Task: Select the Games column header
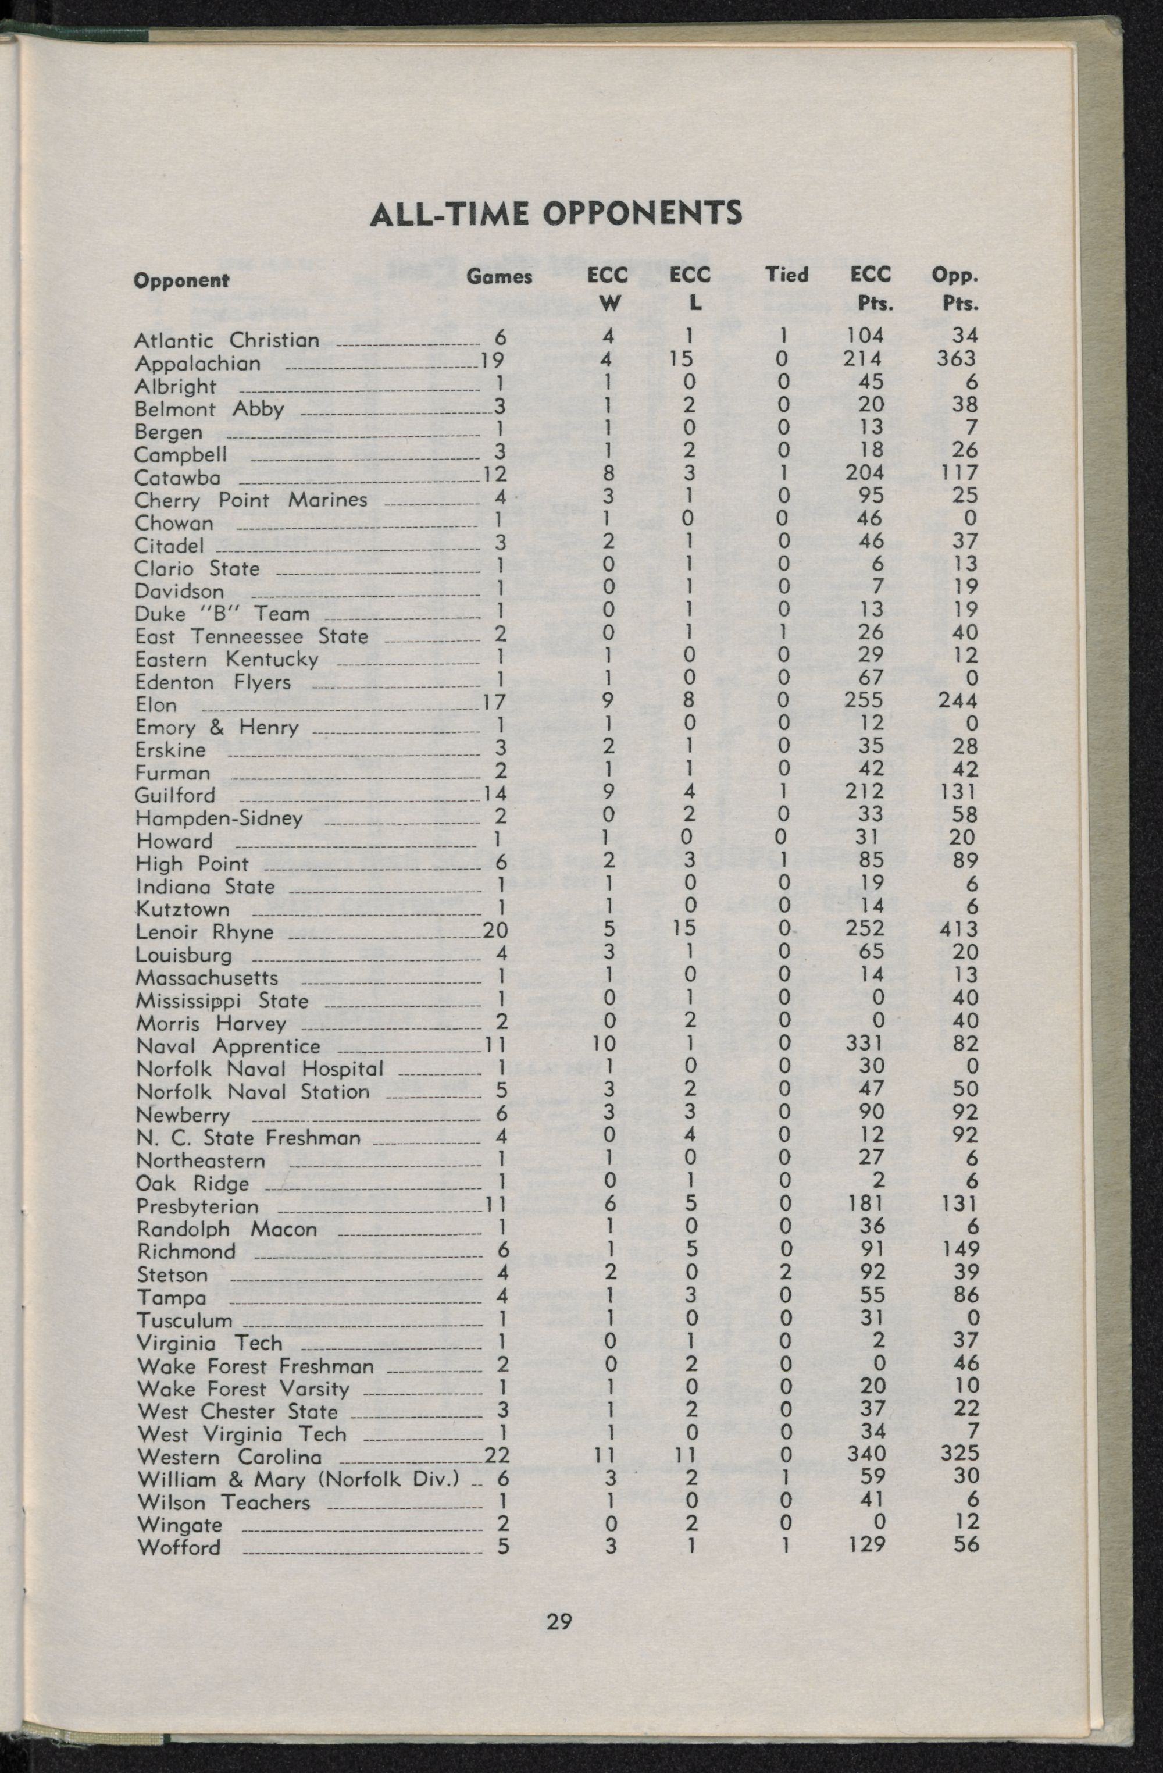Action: [x=499, y=277]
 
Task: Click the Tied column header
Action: [x=787, y=275]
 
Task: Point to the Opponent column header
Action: [x=181, y=281]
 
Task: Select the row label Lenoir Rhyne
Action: [x=205, y=932]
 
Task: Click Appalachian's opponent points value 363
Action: [x=956, y=358]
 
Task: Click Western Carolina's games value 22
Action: [x=496, y=1455]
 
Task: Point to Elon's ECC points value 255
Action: [x=864, y=700]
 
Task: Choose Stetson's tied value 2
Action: [x=783, y=1272]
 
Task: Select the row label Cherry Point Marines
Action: [x=251, y=500]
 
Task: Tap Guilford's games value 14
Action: [x=494, y=794]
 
